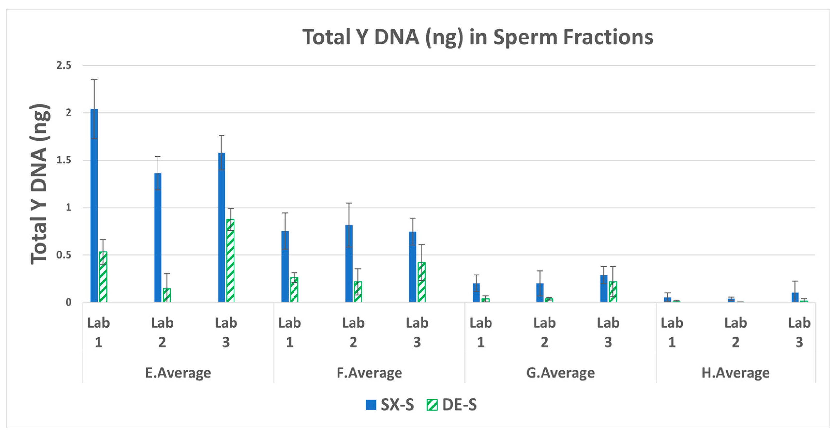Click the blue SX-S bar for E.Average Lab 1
coord(94,208)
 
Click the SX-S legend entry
coord(390,405)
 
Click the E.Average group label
coord(178,373)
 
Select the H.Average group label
coord(735,373)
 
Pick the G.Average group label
coord(560,373)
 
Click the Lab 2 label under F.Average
coord(353,332)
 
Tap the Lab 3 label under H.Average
coord(799,332)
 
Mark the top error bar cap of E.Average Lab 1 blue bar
coord(94,79)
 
